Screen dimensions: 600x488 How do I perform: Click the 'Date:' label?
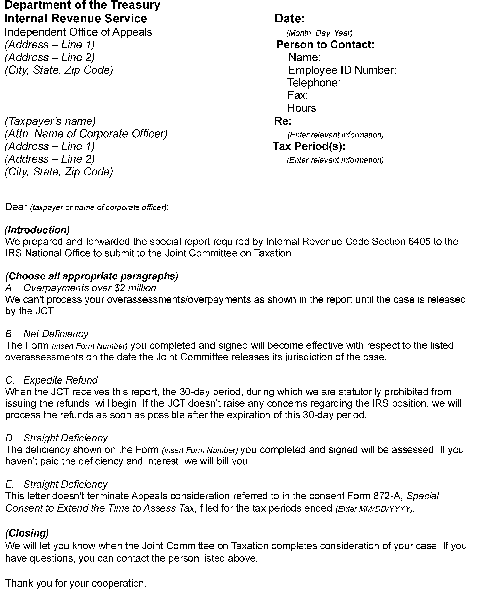[x=289, y=19]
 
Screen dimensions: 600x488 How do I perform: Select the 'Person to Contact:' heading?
[x=325, y=45]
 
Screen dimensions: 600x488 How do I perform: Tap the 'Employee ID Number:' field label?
[x=342, y=70]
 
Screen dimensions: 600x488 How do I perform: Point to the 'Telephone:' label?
[x=313, y=83]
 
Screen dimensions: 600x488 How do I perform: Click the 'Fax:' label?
[x=297, y=95]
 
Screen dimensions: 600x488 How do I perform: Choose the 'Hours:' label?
[x=303, y=108]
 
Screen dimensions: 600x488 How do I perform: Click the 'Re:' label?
[x=283, y=121]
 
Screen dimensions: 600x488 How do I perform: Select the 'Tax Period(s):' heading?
[x=309, y=146]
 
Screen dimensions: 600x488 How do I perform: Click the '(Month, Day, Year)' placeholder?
[x=319, y=33]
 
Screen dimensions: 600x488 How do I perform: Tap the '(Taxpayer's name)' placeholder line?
[x=50, y=121]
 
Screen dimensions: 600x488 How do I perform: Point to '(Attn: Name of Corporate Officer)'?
[x=86, y=134]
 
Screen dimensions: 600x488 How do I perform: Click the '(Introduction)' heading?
[x=37, y=230]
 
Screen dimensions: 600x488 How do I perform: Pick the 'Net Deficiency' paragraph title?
[x=56, y=334]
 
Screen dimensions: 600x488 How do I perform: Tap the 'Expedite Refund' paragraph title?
[x=60, y=380]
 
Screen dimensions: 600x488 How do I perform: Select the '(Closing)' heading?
[x=27, y=533]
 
